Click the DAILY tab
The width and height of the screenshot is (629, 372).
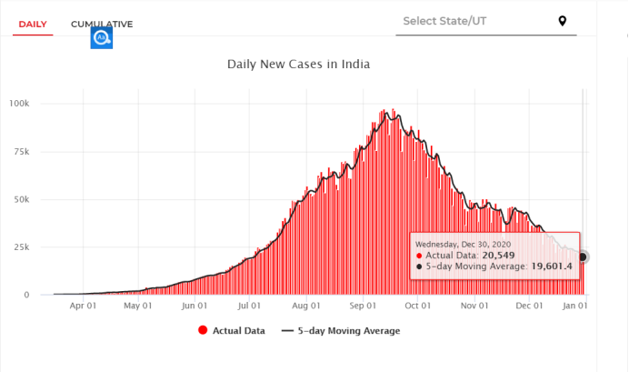tap(33, 24)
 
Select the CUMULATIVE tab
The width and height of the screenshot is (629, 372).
tap(102, 24)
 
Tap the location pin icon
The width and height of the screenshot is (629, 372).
tap(563, 21)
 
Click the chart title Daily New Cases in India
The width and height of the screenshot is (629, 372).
tap(298, 65)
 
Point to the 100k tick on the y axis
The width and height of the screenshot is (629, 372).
tap(19, 104)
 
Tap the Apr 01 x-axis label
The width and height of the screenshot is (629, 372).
tap(83, 307)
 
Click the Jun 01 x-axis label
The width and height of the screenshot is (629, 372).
tap(195, 307)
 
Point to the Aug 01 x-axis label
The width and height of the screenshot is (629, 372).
tap(306, 307)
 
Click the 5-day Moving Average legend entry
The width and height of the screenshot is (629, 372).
tap(346, 331)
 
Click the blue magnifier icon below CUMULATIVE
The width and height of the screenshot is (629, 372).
tap(101, 38)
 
